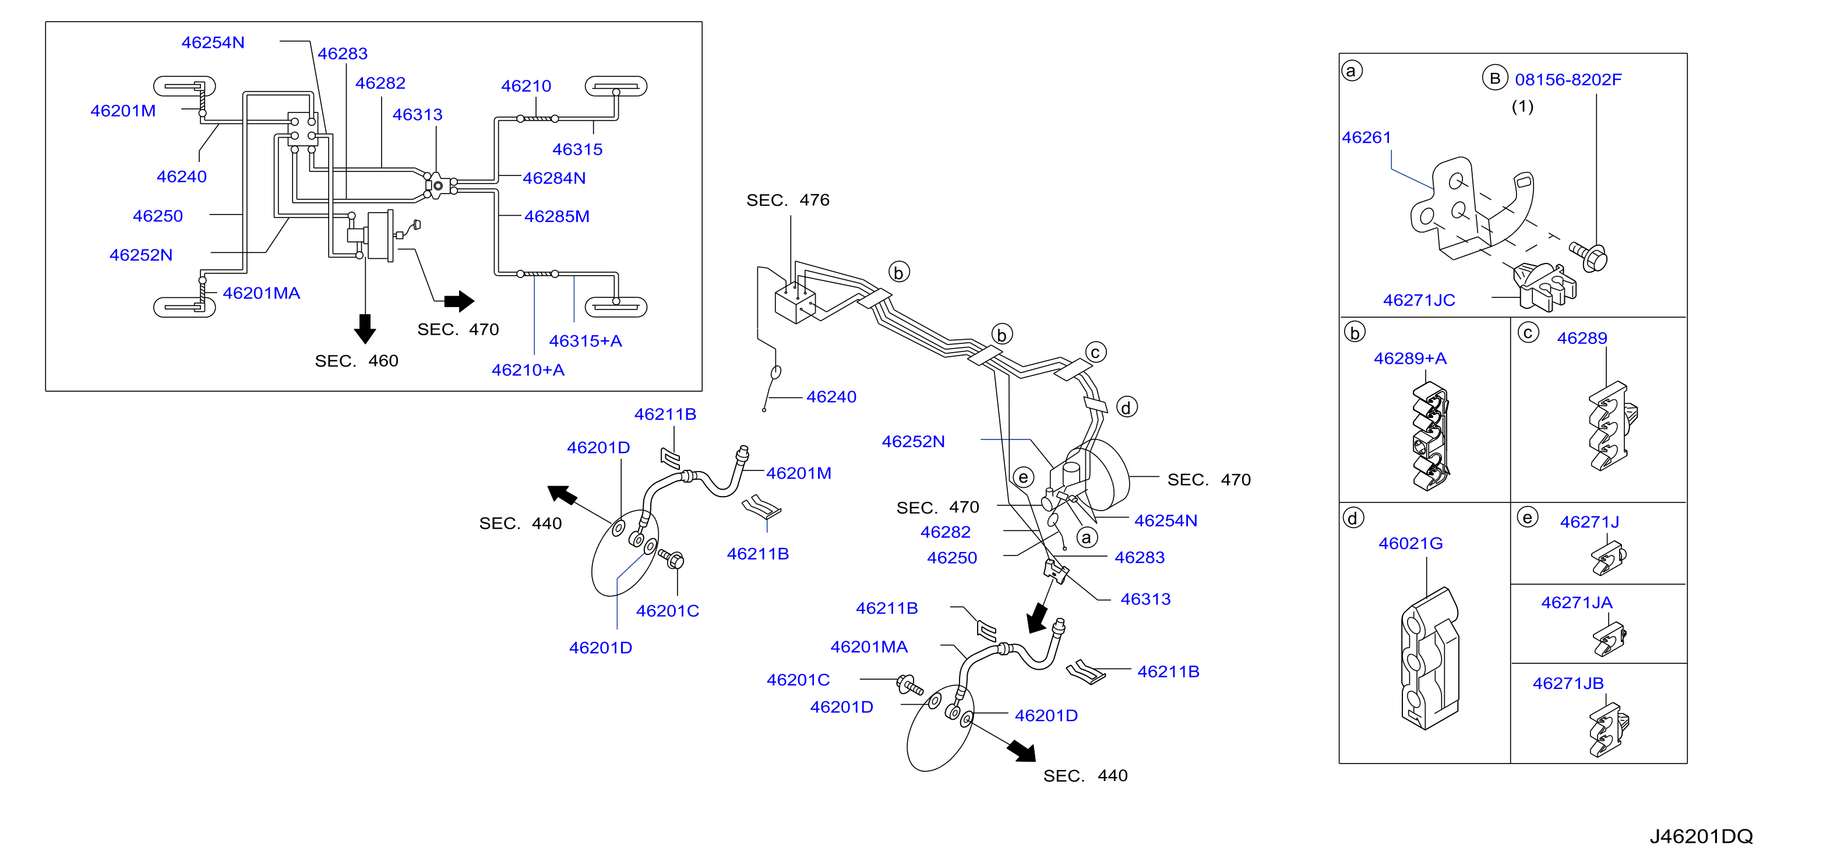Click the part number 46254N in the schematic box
tap(213, 43)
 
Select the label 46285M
tap(557, 217)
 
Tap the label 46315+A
tap(586, 341)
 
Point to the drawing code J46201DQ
tap(1701, 836)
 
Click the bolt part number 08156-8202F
tap(1568, 80)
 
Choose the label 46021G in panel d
tap(1411, 544)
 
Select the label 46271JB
tap(1568, 684)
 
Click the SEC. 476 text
tap(788, 201)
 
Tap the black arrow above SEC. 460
tap(365, 328)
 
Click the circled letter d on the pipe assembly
tap(1127, 407)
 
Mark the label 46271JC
tap(1419, 300)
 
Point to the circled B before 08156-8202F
tap(1494, 78)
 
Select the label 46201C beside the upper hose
tap(667, 611)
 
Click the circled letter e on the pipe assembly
tap(1023, 477)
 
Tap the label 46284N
tap(554, 178)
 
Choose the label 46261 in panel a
tap(1367, 138)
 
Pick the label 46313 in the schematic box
tap(418, 115)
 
